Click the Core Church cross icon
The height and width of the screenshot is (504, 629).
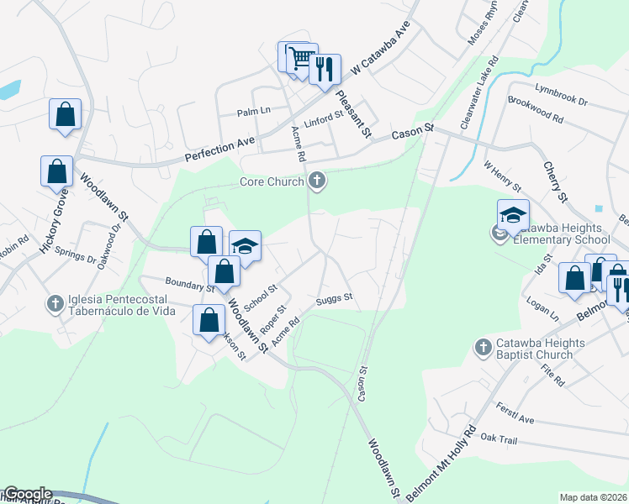(x=317, y=179)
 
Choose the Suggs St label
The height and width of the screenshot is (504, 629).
(x=334, y=297)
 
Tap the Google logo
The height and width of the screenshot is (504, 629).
(x=27, y=494)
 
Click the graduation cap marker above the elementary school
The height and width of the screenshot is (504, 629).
(x=513, y=215)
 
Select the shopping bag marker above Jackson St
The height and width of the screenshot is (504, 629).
(x=209, y=320)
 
